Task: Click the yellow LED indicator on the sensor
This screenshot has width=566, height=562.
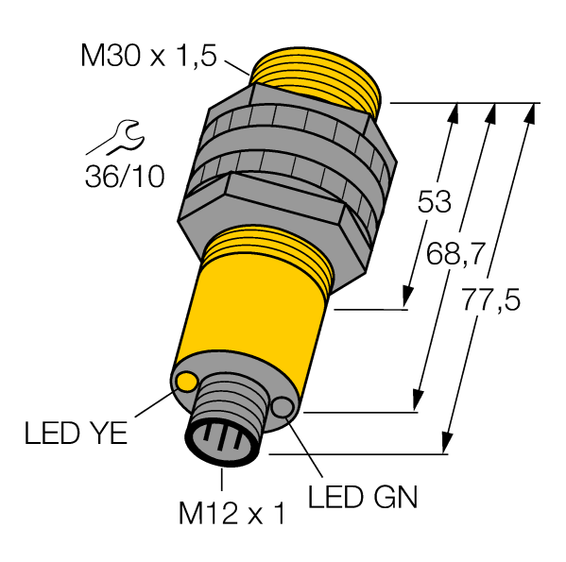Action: [x=187, y=382]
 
